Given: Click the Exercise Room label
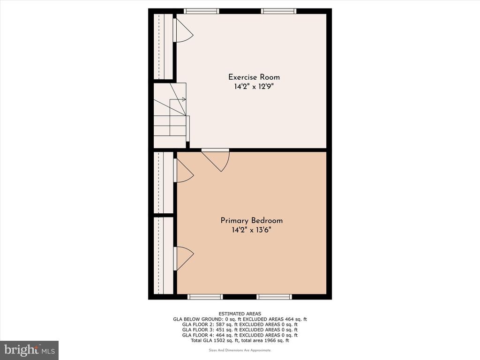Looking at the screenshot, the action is [254, 77].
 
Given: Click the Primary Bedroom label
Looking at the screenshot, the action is [252, 220].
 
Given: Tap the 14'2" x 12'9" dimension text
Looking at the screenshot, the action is [254, 87].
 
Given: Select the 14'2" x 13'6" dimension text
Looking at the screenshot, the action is [251, 230].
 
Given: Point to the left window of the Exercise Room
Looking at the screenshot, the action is [202, 11].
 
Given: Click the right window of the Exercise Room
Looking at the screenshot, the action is [278, 11].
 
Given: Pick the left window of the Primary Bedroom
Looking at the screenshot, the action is [205, 297].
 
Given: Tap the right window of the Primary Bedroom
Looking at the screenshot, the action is [274, 297].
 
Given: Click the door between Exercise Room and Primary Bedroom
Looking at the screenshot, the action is [216, 159].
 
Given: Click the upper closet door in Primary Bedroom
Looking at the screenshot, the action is [183, 171].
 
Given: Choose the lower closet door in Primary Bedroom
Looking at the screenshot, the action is [183, 259].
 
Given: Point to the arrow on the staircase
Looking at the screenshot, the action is [178, 99].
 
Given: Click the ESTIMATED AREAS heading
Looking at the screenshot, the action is [240, 314].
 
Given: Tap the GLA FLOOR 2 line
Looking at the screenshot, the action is [240, 324].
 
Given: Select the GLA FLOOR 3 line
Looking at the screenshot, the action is [240, 330].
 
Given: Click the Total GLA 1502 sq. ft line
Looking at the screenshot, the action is [240, 340].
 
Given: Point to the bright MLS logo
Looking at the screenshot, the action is [30, 350].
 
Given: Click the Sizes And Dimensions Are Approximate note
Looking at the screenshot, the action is [240, 350].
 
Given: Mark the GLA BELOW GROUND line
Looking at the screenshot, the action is [240, 319].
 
